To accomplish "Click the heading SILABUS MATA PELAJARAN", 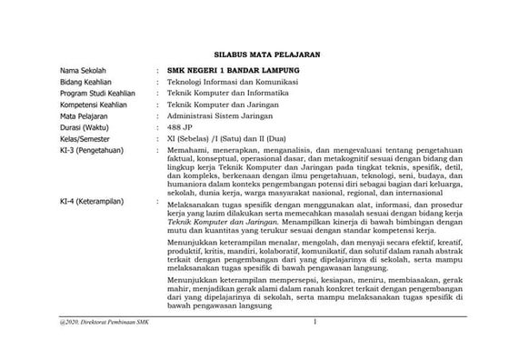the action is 254,54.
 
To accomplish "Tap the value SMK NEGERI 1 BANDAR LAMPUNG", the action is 232,70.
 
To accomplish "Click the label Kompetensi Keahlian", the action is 92,105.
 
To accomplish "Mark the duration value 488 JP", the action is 181,129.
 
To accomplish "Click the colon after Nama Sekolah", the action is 157,70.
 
